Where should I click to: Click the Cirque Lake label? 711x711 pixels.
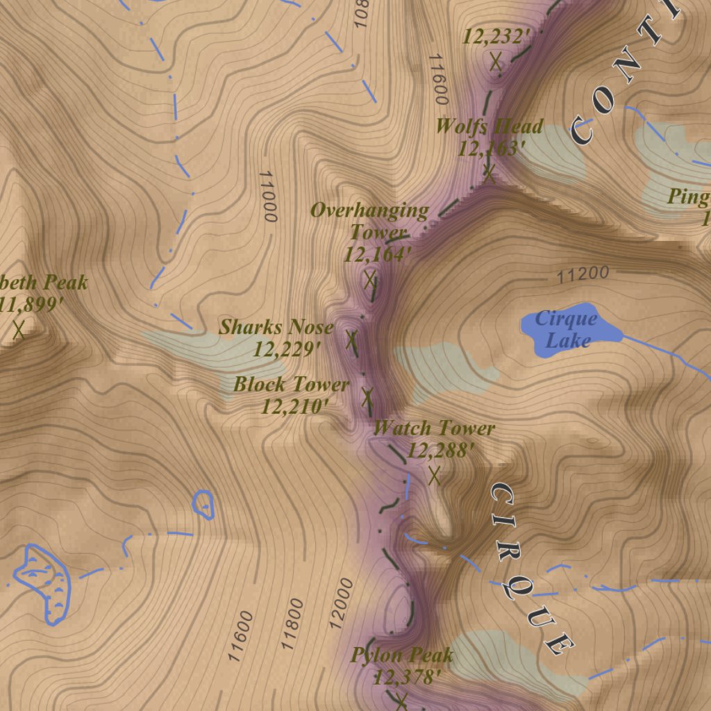point(567,329)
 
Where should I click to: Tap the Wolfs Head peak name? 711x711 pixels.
point(489,126)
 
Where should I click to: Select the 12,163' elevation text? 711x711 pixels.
point(491,149)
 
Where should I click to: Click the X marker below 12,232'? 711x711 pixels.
point(496,62)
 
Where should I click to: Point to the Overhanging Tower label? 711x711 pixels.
point(369,220)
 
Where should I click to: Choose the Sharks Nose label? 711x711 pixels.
point(276,327)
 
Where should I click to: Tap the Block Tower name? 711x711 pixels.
point(291,384)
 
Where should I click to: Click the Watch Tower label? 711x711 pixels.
point(434,428)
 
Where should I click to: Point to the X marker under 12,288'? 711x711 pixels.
point(435,476)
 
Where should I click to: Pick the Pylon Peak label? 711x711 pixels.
point(402,655)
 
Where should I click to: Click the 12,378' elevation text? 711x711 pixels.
point(407,677)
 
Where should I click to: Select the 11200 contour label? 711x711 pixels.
point(583,275)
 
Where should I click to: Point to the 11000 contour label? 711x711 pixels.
point(268,196)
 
